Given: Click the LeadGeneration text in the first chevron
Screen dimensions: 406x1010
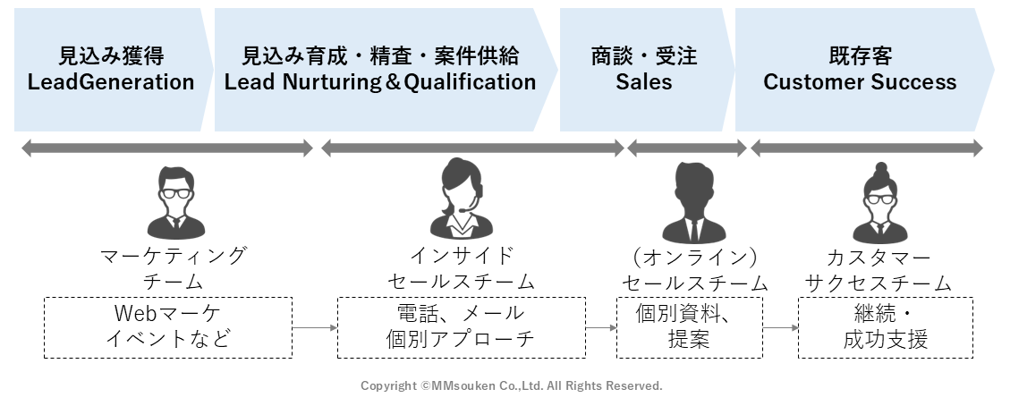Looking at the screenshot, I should [111, 83].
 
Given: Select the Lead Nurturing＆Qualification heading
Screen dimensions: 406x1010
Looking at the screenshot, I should [380, 83].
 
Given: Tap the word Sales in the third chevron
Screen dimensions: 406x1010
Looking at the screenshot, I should [643, 83].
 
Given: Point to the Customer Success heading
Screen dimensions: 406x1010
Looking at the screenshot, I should [860, 83].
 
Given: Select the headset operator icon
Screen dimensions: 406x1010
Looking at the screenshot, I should [462, 199].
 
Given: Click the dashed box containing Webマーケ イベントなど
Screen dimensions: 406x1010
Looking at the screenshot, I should [168, 327].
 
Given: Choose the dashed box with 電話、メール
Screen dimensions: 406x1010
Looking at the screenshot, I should [461, 327].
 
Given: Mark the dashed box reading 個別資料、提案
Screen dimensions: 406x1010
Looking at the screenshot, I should [690, 327].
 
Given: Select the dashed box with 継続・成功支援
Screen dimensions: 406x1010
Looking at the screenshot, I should [886, 327].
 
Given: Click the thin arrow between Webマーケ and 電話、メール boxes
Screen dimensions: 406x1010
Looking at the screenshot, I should [314, 328].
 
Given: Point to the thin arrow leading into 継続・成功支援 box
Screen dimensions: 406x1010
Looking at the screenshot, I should [780, 328].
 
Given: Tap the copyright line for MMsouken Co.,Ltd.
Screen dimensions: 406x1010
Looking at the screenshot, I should [511, 386].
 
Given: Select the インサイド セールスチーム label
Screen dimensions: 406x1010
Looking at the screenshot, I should [461, 268].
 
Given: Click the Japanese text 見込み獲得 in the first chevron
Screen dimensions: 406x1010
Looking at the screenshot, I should [111, 56].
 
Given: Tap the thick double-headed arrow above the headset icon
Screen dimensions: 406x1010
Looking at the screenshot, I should [472, 148].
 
